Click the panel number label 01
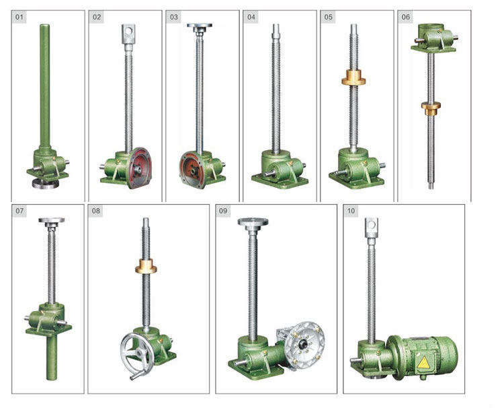pos(19,17)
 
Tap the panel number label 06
pos(406,17)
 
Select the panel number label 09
pos(222,211)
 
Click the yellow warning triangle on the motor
pos(423,363)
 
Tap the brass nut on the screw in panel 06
pos(431,108)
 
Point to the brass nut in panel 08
pos(146,266)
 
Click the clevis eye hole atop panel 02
pos(128,31)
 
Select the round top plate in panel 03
pos(200,26)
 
